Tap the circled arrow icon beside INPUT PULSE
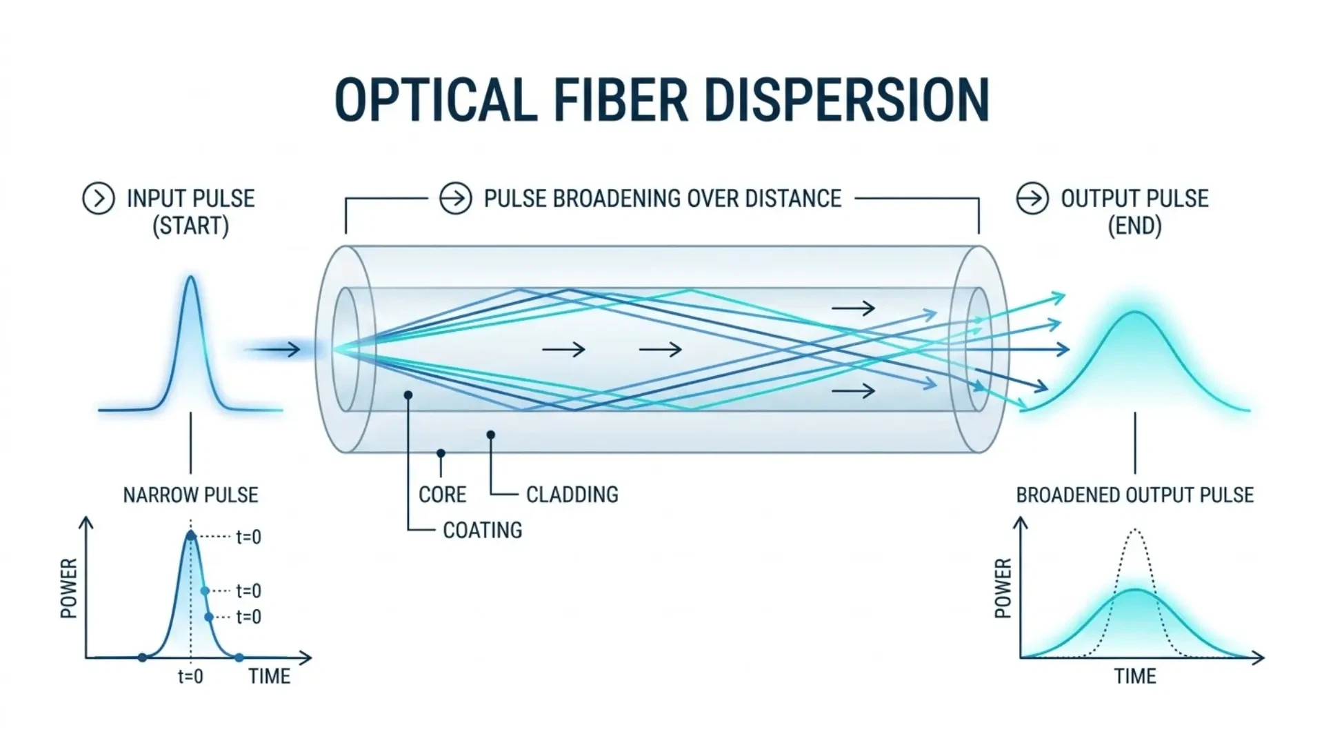(x=99, y=199)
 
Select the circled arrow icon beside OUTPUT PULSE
(x=1032, y=199)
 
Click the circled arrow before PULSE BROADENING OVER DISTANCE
(x=456, y=199)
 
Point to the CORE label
(x=442, y=495)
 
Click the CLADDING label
(x=572, y=495)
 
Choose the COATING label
(x=482, y=530)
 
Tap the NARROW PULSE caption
(x=190, y=495)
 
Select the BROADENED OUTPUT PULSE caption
(x=1134, y=495)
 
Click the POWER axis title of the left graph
(x=69, y=588)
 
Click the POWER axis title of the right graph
(x=1003, y=588)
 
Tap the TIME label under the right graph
(x=1134, y=676)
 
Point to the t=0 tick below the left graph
(x=190, y=676)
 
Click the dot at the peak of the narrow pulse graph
(x=191, y=535)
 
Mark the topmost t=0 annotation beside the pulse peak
(x=248, y=537)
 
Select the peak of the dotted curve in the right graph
(x=1134, y=530)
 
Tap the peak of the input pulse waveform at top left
(x=191, y=278)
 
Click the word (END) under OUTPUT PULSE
(x=1134, y=226)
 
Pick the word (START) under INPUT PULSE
(x=190, y=226)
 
